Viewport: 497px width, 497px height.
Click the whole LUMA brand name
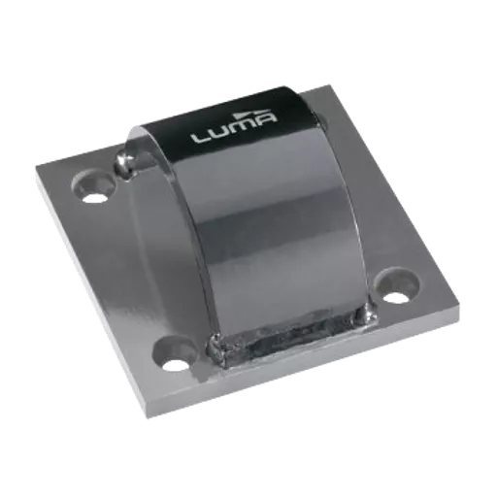(x=234, y=127)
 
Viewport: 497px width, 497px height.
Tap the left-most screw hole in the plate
(x=94, y=186)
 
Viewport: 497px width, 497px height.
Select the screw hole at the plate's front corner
(x=174, y=354)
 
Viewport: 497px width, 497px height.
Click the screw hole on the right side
(x=397, y=286)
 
